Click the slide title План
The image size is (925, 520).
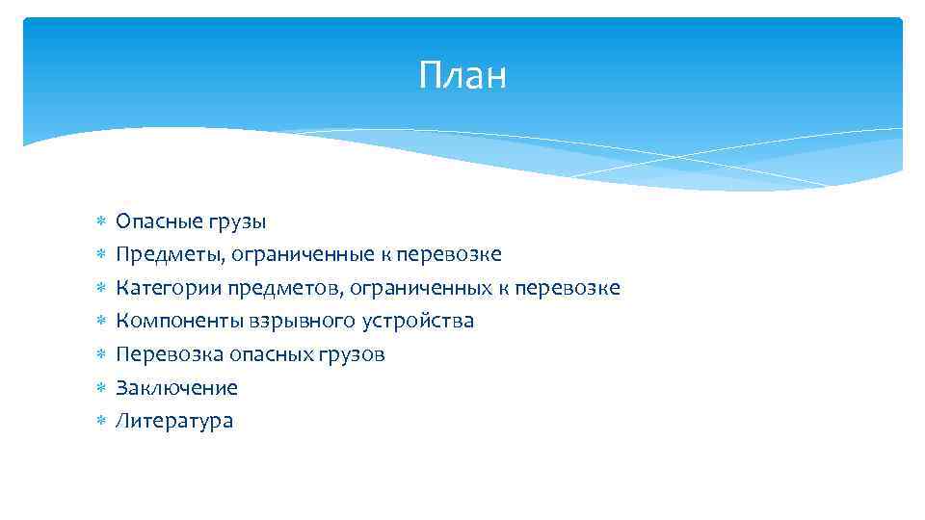coord(462,75)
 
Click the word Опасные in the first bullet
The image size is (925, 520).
coord(156,221)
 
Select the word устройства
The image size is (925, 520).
coord(419,321)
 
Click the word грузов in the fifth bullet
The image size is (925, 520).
coord(352,354)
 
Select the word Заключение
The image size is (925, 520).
coord(176,388)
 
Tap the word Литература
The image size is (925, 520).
coord(174,421)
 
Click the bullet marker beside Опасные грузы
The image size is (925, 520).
coord(99,222)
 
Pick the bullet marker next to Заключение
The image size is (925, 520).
coord(99,388)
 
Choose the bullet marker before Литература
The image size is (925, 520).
coord(99,421)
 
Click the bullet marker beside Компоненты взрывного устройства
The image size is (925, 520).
coord(99,322)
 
